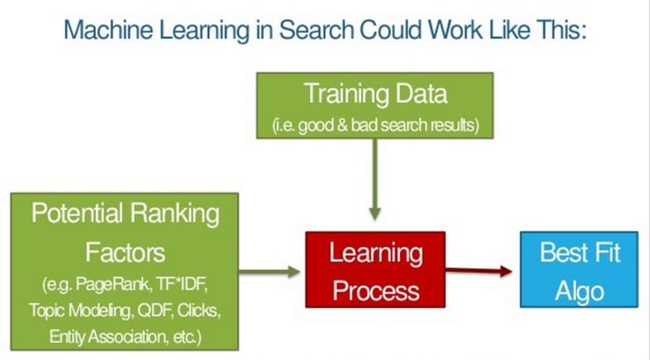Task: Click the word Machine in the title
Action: coord(108,30)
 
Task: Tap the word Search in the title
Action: coord(315,30)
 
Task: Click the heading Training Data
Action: coord(375,93)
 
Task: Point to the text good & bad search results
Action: coord(387,125)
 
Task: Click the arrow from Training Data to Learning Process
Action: coord(374,180)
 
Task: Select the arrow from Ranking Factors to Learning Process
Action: coord(270,272)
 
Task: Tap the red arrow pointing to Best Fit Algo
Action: coord(479,271)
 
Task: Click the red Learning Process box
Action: coord(375,269)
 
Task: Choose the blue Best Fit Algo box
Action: coord(580,269)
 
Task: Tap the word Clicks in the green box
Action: coord(198,311)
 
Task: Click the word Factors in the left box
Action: coord(125,253)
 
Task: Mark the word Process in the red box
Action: coord(375,290)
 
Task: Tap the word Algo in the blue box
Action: coord(580,291)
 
